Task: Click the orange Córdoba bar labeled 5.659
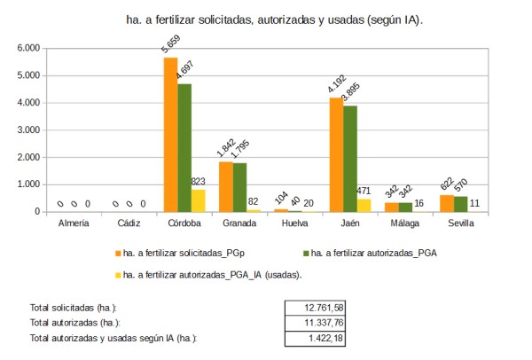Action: (171, 134)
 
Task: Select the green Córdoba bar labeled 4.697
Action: (184, 147)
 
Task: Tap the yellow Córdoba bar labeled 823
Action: (198, 200)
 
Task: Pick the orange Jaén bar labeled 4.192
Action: (336, 154)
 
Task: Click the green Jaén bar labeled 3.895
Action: (349, 159)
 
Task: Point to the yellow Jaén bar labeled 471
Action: (363, 205)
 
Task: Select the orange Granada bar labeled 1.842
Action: (226, 186)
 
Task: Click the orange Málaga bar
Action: (391, 207)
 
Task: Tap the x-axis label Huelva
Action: (293, 223)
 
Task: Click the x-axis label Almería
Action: (74, 223)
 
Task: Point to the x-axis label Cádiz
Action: (129, 223)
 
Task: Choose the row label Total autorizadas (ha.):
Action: (74, 323)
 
